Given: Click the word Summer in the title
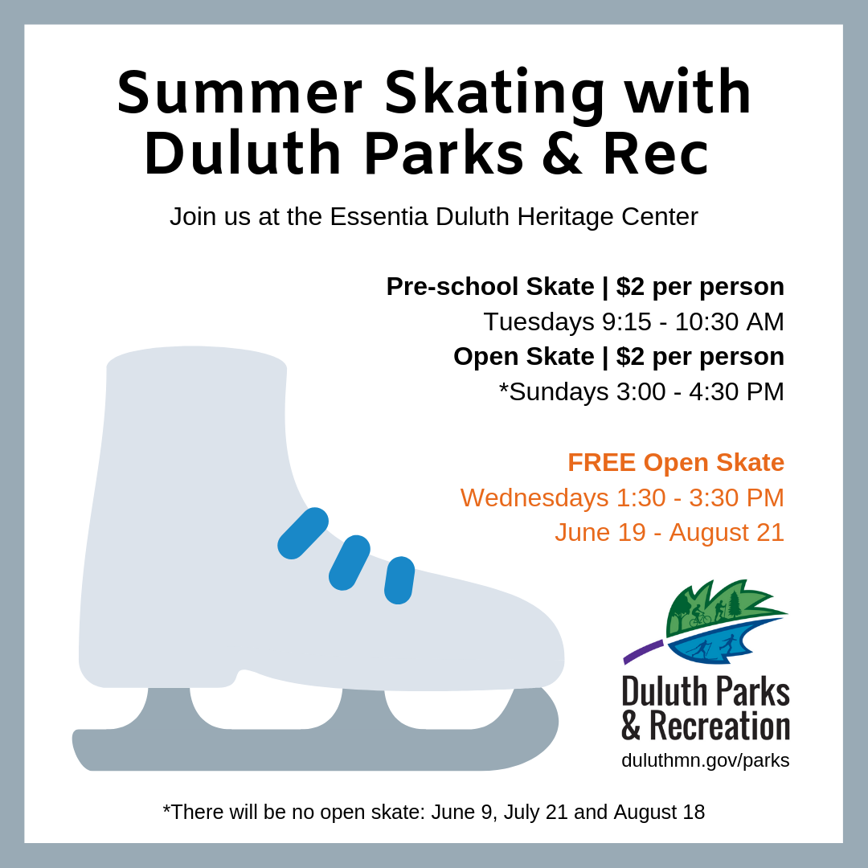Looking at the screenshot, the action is (240, 92).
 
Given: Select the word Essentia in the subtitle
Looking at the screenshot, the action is (379, 216).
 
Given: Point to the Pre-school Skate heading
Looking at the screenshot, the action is (490, 287).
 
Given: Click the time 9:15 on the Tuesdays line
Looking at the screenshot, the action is (627, 321).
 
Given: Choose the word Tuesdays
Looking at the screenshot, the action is (538, 322).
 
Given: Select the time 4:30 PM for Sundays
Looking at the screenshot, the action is (736, 392).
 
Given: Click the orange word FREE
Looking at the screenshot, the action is (601, 462).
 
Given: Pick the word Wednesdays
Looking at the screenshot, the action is (534, 497).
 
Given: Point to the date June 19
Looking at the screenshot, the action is (600, 533).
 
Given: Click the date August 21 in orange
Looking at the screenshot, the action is (727, 533).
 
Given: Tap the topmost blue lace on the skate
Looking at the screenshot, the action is (303, 533).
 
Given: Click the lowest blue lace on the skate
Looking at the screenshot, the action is (399, 580).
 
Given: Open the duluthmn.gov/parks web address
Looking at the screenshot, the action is (706, 760).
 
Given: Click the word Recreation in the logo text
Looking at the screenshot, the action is (719, 726).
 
